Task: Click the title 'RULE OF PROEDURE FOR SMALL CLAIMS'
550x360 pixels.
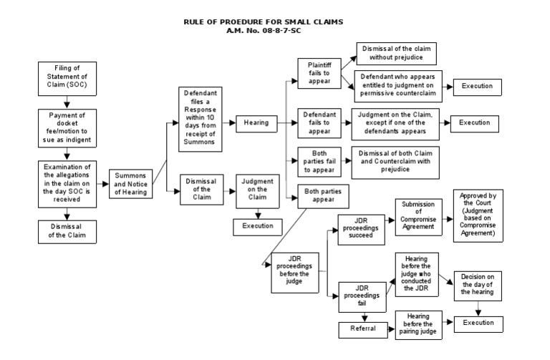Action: pyautogui.click(x=264, y=22)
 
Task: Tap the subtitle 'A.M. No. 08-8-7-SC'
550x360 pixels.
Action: pyautogui.click(x=264, y=31)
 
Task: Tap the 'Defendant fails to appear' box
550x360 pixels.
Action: pyautogui.click(x=319, y=122)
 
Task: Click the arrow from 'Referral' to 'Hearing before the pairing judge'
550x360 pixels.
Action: pyautogui.click(x=390, y=329)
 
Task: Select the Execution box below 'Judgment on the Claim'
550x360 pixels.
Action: pyautogui.click(x=257, y=226)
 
